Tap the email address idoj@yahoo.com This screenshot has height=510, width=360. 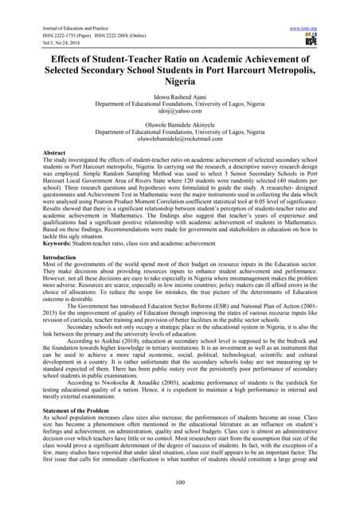180,117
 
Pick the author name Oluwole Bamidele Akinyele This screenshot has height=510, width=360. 180,133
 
